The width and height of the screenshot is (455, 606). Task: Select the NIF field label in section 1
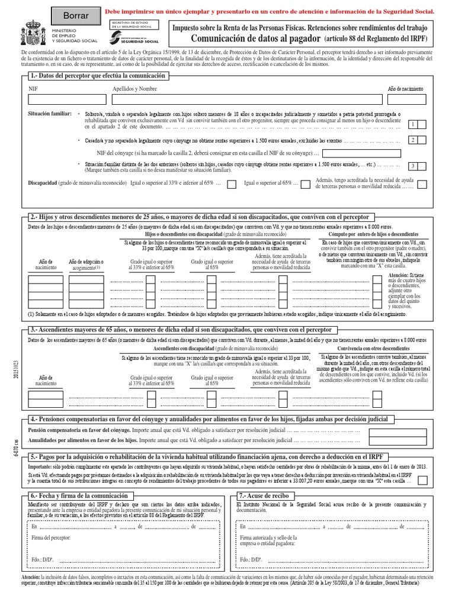(x=33, y=89)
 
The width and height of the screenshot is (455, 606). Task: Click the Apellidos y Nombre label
(x=134, y=89)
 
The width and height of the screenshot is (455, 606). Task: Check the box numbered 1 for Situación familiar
(x=421, y=124)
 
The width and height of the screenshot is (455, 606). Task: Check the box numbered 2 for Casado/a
(x=421, y=140)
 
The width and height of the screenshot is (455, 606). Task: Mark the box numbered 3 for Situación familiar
(x=421, y=166)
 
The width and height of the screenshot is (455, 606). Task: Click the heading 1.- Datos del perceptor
(x=98, y=76)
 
